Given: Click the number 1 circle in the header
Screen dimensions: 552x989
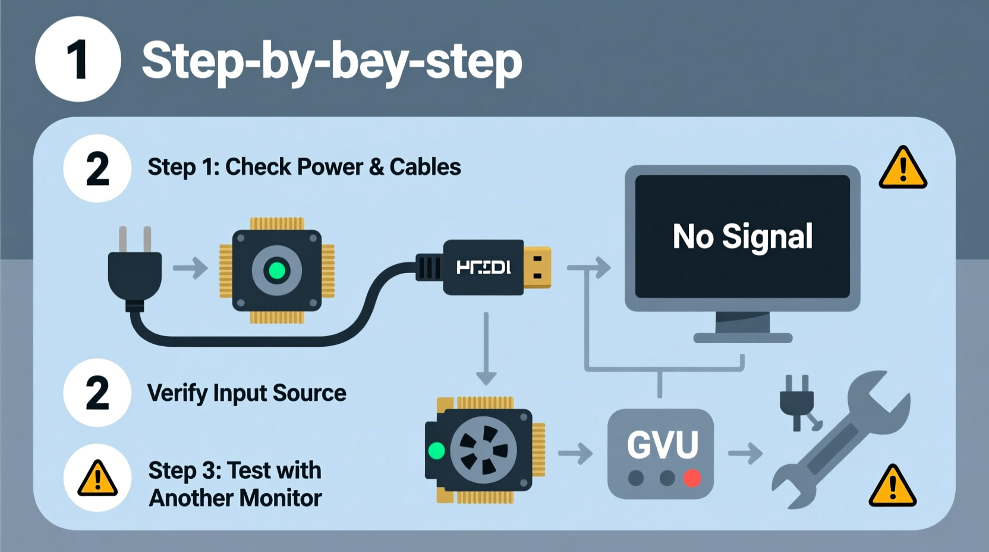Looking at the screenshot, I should pos(78,59).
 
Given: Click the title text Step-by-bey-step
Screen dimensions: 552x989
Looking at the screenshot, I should pos(332,61).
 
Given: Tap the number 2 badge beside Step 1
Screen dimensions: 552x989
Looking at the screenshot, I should pos(97,169).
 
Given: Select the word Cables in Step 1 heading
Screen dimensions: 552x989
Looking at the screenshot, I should pos(425,167).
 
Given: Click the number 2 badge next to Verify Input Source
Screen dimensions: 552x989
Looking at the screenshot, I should pos(97,393).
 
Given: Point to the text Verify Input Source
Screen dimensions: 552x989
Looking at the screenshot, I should pos(247,393).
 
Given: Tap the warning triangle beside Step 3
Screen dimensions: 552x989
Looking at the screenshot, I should pos(97,479).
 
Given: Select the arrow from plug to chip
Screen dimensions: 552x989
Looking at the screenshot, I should pos(190,268).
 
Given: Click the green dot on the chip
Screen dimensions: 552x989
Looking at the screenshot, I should pos(277,271).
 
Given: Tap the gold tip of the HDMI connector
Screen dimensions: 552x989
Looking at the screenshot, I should pos(537,267).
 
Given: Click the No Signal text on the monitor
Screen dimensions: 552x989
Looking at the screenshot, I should pos(742,236).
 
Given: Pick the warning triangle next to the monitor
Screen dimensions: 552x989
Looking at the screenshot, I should pos(903,169).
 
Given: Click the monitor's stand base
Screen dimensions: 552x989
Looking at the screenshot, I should pos(743,338).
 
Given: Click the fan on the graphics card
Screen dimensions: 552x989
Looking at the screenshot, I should pos(483,450).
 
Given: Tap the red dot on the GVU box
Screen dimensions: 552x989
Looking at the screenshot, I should pos(692,478).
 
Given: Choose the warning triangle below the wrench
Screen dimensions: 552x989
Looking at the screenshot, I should pos(893,487).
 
